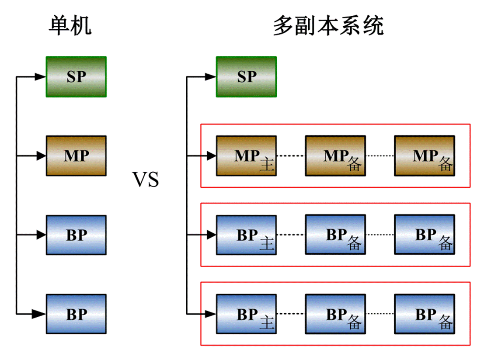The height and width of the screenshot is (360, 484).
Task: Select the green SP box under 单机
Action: pos(76,77)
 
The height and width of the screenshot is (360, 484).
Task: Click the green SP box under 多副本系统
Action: pos(246,77)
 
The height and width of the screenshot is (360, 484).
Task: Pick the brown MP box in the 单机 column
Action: pos(76,156)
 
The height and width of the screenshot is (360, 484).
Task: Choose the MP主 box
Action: pos(246,156)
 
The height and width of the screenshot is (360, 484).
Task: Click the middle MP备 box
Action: pos(335,156)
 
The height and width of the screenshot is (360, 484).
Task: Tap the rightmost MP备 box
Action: pos(424,156)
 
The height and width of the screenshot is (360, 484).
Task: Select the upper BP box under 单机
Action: pos(76,235)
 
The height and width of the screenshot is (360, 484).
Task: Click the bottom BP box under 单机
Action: pos(76,314)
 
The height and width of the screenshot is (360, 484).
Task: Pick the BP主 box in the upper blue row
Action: pos(246,235)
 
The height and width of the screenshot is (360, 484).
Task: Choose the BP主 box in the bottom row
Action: pos(246,314)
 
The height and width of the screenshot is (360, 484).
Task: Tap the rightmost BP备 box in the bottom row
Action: pos(424,314)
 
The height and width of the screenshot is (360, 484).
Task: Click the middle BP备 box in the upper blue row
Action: pos(335,235)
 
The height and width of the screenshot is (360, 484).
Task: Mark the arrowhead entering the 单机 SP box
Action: pos(41,77)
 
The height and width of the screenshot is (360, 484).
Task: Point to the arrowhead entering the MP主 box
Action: pos(211,156)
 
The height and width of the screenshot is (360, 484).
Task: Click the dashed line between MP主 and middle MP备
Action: pos(291,156)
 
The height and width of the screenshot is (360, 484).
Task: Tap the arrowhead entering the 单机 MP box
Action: pos(41,156)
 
